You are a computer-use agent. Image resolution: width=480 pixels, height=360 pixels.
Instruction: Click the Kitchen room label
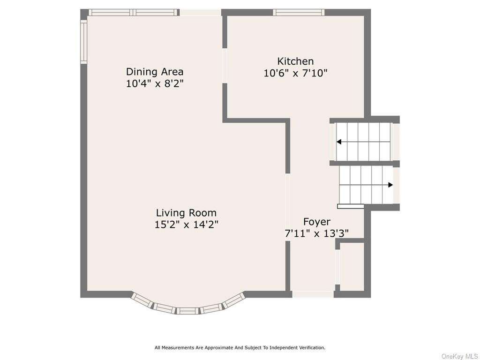click(x=295, y=61)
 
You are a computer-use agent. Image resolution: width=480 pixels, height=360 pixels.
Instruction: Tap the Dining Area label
click(x=155, y=72)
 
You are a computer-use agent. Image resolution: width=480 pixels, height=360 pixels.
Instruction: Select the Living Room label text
click(x=186, y=213)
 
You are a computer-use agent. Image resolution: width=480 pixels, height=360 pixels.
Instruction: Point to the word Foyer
click(x=316, y=222)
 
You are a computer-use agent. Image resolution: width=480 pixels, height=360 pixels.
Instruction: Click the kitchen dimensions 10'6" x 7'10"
click(x=295, y=73)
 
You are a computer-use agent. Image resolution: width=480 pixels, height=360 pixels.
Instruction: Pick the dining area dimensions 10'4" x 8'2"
click(x=155, y=83)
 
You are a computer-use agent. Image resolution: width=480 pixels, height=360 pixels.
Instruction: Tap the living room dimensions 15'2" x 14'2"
click(x=186, y=225)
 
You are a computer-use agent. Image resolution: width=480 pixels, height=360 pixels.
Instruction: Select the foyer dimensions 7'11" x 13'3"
click(x=316, y=234)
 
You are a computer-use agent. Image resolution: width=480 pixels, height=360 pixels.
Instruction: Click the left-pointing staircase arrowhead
click(x=338, y=142)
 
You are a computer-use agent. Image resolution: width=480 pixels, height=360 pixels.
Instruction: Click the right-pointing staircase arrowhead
click(x=390, y=185)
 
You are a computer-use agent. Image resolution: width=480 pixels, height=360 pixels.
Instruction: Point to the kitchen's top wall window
click(x=299, y=13)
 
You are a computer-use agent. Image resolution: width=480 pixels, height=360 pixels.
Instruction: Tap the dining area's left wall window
click(x=83, y=42)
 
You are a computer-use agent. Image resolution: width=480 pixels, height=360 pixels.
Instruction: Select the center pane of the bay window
click(x=188, y=311)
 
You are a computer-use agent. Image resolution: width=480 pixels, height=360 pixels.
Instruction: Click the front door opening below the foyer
click(x=313, y=294)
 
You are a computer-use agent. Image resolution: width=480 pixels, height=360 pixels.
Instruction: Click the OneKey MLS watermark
click(x=459, y=356)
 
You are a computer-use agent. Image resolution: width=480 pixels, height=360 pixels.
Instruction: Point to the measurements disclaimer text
click(x=240, y=348)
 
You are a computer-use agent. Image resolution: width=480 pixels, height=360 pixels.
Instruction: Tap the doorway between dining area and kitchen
click(x=225, y=66)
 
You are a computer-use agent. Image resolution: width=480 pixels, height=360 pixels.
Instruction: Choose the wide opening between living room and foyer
click(x=288, y=207)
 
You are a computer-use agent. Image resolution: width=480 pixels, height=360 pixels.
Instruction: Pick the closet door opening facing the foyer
click(x=337, y=267)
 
